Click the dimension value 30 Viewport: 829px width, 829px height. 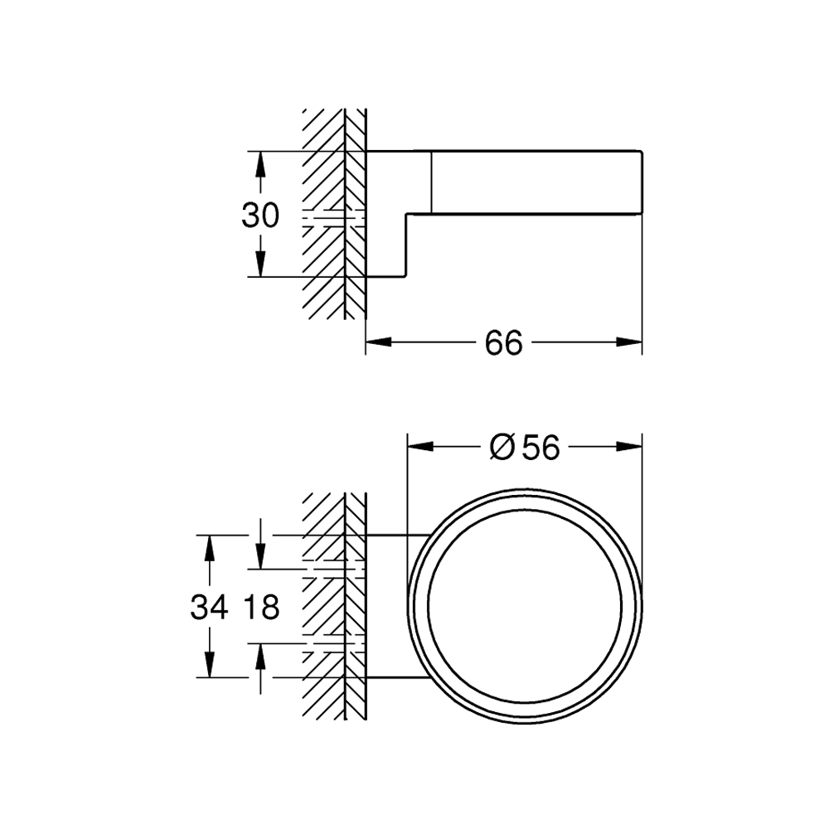coord(260,216)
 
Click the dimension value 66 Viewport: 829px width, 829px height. coord(503,342)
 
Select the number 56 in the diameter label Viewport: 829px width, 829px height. coord(541,448)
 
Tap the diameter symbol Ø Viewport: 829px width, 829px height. coord(502,448)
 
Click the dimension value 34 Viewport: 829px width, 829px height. coord(210,607)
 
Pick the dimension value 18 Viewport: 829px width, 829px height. coord(260,607)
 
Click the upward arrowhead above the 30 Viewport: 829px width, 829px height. coord(260,164)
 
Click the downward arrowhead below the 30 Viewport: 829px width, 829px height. coord(260,264)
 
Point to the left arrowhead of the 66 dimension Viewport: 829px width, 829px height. coord(379,342)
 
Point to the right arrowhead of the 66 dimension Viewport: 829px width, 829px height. coord(629,342)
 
